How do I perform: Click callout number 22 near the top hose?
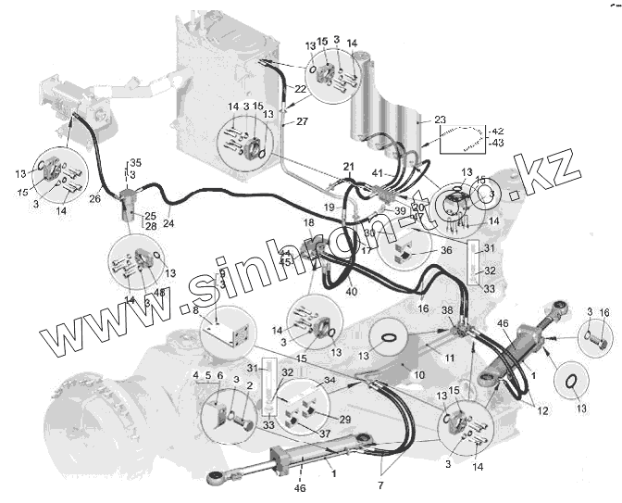click(x=301, y=89)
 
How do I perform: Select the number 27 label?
click(x=301, y=120)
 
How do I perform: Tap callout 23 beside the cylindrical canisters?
click(x=440, y=119)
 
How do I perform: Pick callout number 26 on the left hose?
click(x=95, y=197)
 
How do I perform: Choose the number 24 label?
click(x=168, y=222)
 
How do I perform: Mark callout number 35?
click(x=135, y=163)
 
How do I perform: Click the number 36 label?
click(x=446, y=249)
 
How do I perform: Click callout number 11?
click(x=448, y=357)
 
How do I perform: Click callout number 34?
click(x=329, y=380)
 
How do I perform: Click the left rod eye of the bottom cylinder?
click(x=215, y=478)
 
